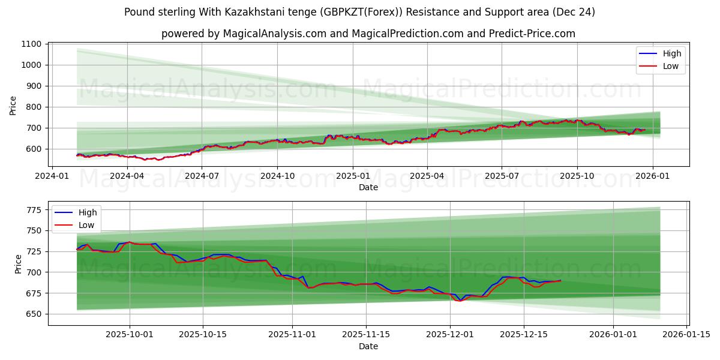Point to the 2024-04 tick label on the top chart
[127, 176]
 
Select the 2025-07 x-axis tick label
[502, 176]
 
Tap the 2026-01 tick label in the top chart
[652, 176]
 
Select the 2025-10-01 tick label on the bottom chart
[130, 335]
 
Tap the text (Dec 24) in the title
[574, 12]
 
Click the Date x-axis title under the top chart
[368, 187]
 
